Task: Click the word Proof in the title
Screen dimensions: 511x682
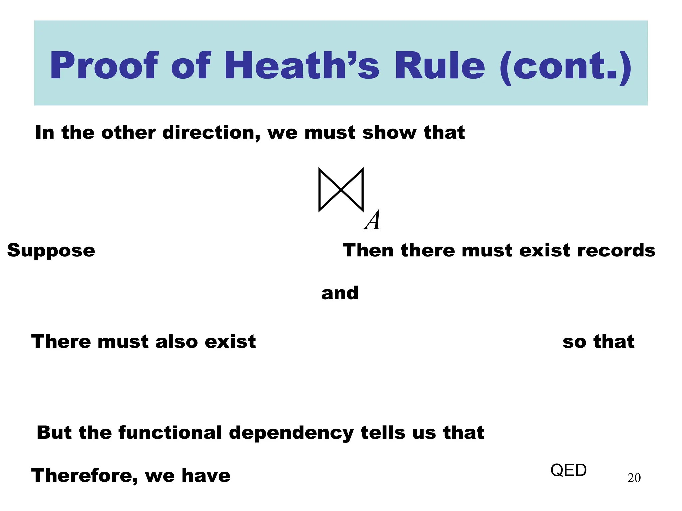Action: tap(104, 66)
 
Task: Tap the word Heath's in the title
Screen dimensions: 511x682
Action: tap(302, 66)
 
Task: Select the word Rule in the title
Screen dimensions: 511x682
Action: tap(440, 66)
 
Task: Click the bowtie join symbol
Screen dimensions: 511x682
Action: tap(341, 190)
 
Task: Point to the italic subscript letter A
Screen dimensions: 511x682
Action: tap(372, 220)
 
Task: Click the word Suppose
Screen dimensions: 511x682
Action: tap(51, 251)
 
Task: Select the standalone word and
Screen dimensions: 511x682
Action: tap(340, 293)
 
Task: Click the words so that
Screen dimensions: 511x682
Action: tap(598, 342)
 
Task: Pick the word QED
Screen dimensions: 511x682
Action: tap(568, 470)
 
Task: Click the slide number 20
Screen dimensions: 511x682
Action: tap(634, 478)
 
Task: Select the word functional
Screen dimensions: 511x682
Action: tap(170, 432)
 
